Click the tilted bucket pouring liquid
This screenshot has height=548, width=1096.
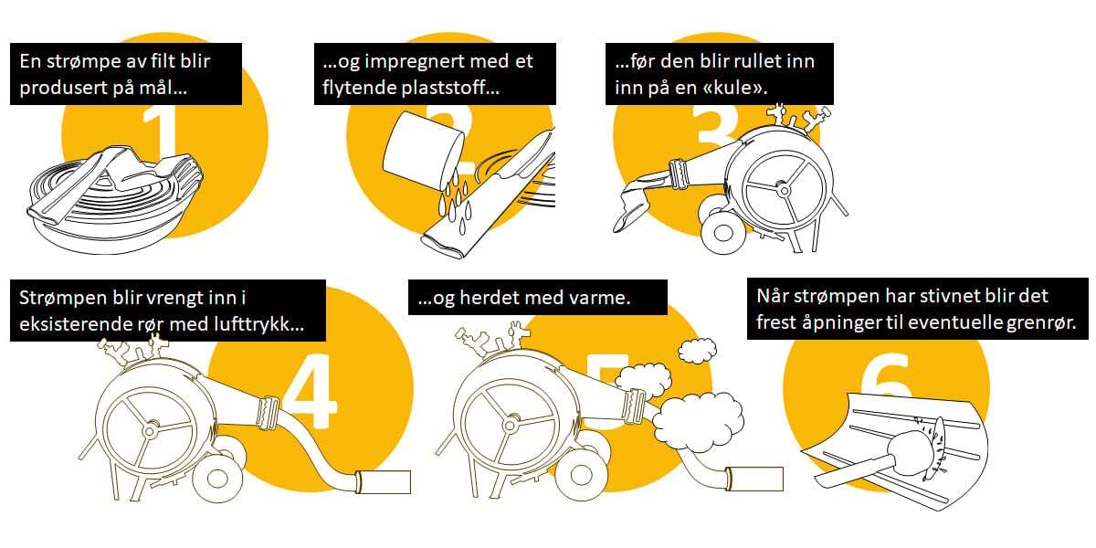click(422, 148)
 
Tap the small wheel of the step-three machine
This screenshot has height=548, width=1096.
click(723, 233)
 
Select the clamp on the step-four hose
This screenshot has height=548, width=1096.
click(268, 413)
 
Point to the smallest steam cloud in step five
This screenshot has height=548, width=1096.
click(697, 351)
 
